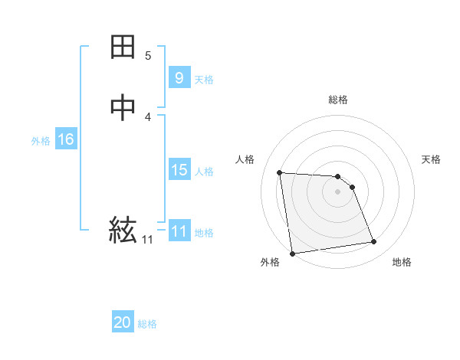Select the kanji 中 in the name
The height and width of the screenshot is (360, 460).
coord(123,108)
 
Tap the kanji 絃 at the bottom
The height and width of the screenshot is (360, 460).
coord(123,228)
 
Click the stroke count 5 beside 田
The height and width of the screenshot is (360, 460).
coord(148,56)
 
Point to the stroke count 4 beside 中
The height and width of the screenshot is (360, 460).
coord(148,116)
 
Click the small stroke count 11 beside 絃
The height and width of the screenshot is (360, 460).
coord(147,240)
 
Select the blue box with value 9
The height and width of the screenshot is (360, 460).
coord(179,78)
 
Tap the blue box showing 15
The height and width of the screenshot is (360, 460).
coord(179,170)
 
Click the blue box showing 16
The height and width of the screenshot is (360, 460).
coord(66,139)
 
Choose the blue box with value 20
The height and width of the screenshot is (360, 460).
coord(123,322)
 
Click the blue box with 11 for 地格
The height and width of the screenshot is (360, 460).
coord(179,231)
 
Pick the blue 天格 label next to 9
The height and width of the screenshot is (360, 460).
coord(204,80)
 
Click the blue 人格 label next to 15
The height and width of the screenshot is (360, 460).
coord(204,172)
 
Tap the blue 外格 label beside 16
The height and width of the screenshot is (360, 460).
coord(41,141)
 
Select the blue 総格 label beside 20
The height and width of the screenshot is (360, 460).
coord(147,324)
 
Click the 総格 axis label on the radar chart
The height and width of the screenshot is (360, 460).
coord(338,100)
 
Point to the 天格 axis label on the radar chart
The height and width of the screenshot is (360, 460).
coord(431,159)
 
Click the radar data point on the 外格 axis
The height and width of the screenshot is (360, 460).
coord(292,254)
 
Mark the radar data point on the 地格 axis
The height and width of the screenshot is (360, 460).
coord(373,242)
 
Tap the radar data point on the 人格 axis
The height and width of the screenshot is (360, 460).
coord(280,172)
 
